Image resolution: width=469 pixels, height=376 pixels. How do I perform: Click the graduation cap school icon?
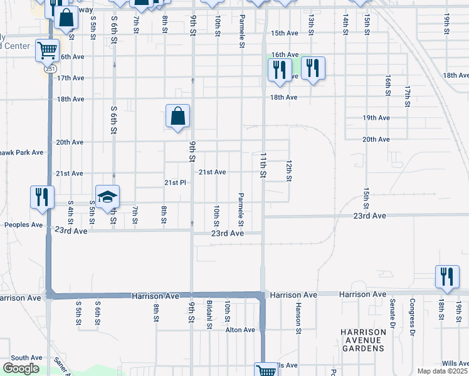[x=107, y=196]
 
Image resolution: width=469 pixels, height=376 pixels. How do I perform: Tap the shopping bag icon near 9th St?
[x=178, y=115]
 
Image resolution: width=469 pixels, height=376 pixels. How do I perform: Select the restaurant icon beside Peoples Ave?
[x=42, y=197]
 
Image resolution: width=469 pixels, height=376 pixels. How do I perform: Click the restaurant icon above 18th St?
[x=446, y=276]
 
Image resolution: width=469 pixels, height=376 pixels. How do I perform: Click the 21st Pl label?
[x=176, y=182]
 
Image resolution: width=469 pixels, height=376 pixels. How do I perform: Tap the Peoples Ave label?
[x=24, y=224]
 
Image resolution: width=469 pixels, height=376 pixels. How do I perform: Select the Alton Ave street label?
[x=241, y=330]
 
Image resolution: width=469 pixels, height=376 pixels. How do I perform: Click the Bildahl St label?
[x=209, y=312]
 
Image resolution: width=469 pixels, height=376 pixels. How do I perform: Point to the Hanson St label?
[x=298, y=317]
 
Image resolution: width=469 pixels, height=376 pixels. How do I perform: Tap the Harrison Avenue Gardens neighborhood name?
[x=362, y=340]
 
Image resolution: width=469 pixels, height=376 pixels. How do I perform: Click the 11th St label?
[x=263, y=164]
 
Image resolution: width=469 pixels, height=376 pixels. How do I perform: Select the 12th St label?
[x=288, y=170]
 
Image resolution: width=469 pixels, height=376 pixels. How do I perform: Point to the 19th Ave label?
[x=376, y=118]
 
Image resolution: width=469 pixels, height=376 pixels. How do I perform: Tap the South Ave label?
[x=26, y=357]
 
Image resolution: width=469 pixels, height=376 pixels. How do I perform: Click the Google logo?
[x=21, y=368]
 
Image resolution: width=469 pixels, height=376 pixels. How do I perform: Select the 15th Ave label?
[x=284, y=33]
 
